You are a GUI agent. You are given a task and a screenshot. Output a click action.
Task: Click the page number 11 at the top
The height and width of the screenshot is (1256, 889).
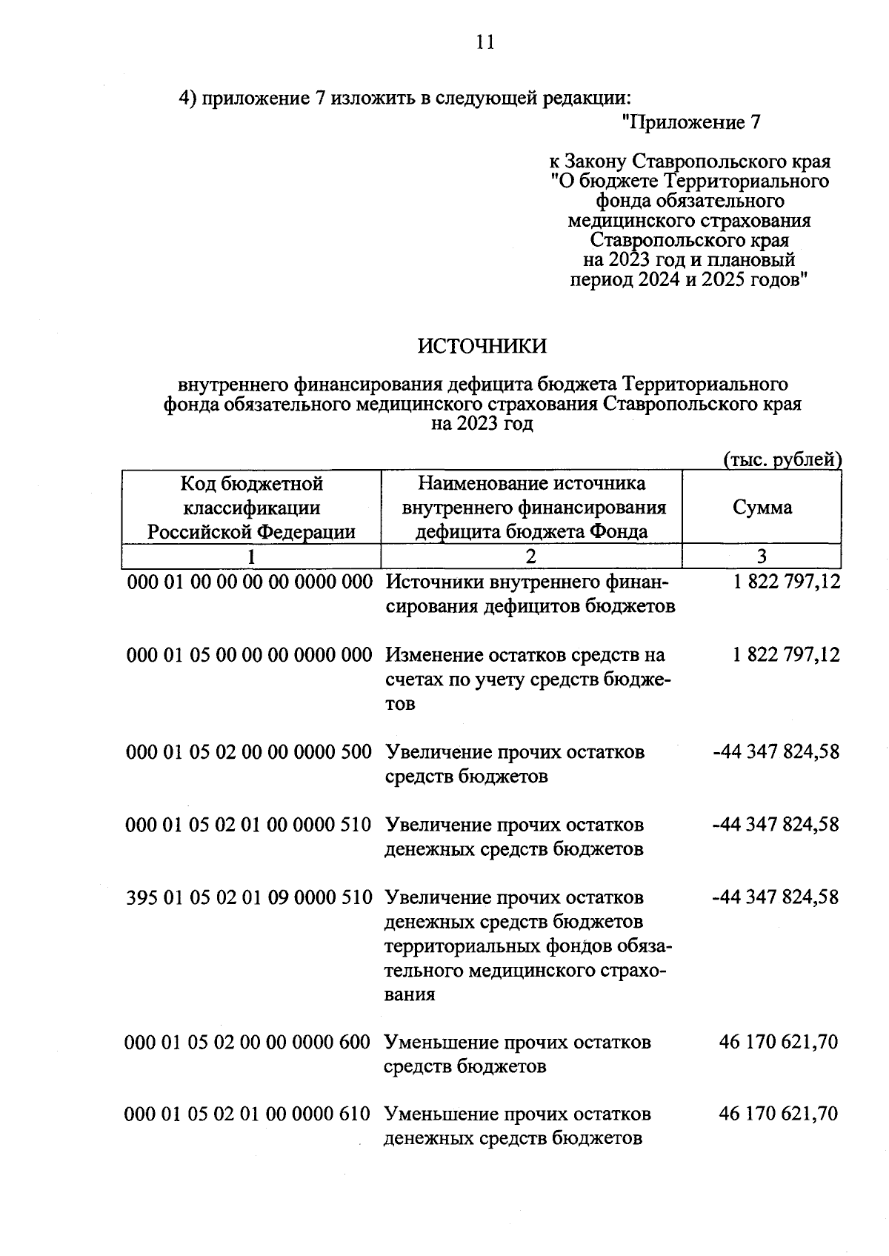coord(485,42)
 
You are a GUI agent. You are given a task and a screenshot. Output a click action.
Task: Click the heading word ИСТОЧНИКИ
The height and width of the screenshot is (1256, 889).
coord(482,346)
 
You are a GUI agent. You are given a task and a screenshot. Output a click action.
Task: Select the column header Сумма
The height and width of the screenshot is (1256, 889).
coord(762,508)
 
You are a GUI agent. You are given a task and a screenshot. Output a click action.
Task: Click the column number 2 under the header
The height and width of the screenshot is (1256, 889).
coord(531,556)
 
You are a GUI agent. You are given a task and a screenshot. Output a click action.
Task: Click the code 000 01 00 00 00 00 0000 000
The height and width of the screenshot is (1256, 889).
coord(250,582)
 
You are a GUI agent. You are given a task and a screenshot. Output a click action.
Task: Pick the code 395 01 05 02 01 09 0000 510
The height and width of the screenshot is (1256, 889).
coord(250,897)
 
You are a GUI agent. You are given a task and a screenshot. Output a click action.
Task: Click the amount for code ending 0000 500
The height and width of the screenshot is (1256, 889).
coord(775,752)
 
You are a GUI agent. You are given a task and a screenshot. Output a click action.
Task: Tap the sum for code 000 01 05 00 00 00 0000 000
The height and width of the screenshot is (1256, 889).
coord(786,655)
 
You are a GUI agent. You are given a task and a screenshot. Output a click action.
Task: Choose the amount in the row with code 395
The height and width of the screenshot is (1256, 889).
coord(775,897)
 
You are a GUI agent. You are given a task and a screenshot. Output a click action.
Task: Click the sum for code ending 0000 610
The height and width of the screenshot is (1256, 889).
coord(778,1114)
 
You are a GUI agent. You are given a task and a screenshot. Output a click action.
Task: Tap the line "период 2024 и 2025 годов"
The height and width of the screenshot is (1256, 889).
coord(687,280)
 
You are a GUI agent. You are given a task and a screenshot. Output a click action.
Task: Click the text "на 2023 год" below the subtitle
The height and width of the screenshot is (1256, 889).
coord(482,425)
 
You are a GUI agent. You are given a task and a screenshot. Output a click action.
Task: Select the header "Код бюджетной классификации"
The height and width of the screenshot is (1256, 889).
coord(252,496)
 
